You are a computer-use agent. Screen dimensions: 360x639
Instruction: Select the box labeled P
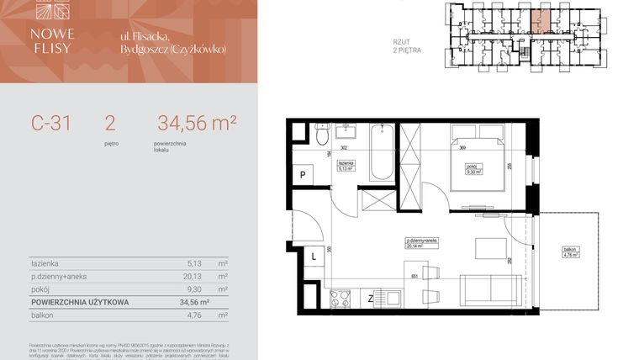302,175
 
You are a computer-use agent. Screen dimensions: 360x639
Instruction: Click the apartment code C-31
51,124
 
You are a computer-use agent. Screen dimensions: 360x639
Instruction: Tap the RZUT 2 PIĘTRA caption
407,45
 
